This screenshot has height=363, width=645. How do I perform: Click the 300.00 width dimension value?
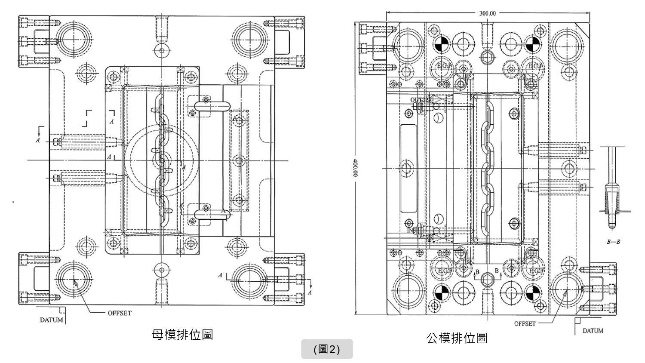(487, 13)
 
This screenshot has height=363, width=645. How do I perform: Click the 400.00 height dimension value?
(356, 168)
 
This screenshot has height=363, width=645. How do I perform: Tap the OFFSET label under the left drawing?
(120, 313)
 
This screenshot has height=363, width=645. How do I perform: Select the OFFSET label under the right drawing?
(525, 323)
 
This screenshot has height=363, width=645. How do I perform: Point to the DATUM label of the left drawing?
(51, 320)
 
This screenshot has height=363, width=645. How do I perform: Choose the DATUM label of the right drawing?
(593, 331)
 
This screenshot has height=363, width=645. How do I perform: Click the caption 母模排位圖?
(182, 335)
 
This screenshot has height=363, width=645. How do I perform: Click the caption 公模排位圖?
(457, 338)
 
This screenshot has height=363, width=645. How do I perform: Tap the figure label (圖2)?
(327, 349)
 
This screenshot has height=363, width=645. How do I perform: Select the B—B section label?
(614, 242)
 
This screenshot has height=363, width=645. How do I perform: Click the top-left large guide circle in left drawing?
(74, 40)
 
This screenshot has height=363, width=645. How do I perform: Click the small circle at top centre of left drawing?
(161, 51)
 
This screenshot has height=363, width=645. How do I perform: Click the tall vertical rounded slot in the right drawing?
(408, 168)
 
